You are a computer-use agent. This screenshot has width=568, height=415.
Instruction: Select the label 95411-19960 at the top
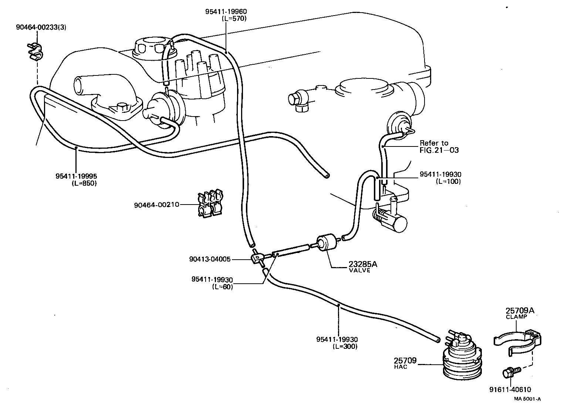[226, 11]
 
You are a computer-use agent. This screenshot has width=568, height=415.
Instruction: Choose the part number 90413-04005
[209, 259]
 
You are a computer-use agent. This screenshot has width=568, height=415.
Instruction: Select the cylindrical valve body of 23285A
[327, 243]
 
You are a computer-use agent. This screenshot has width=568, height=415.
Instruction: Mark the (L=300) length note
[345, 347]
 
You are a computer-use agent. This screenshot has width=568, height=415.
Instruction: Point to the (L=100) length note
[448, 181]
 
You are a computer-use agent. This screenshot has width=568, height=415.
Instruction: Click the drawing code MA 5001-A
[527, 399]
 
